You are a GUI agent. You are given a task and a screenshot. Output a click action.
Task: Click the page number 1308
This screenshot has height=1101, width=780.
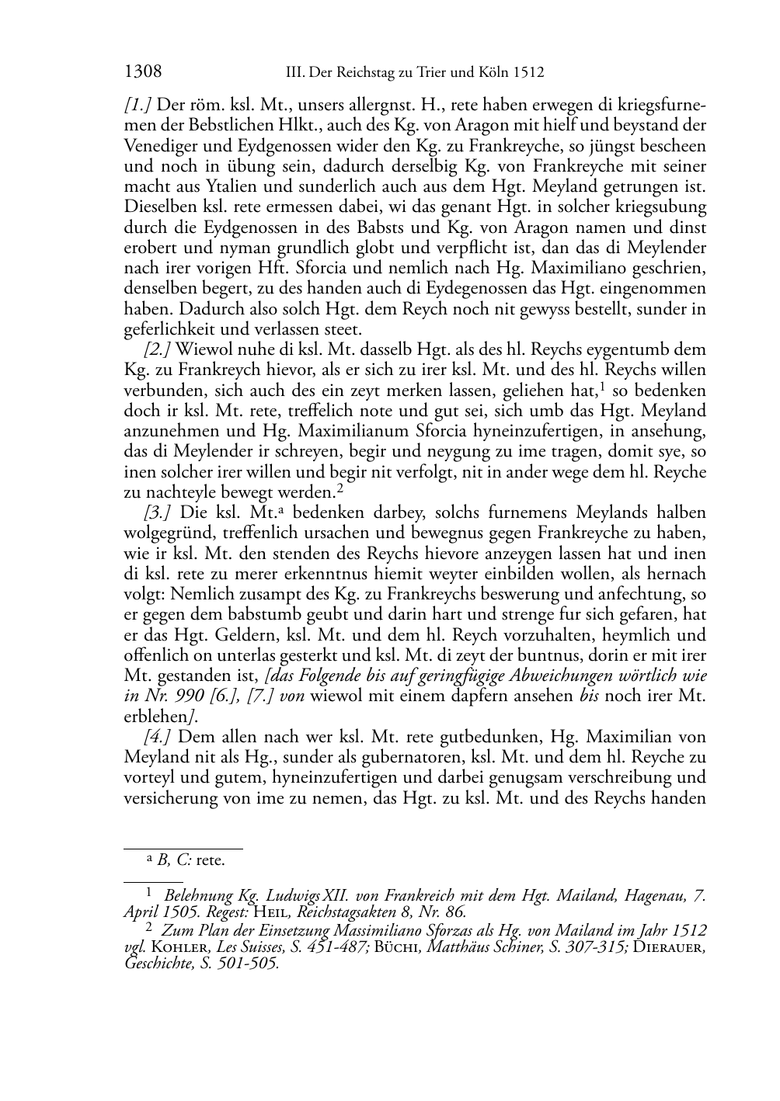coord(143,72)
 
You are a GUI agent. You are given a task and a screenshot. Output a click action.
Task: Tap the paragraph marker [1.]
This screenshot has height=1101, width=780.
coord(138,105)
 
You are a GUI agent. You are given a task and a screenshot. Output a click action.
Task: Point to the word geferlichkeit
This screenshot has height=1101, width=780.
coord(169,329)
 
